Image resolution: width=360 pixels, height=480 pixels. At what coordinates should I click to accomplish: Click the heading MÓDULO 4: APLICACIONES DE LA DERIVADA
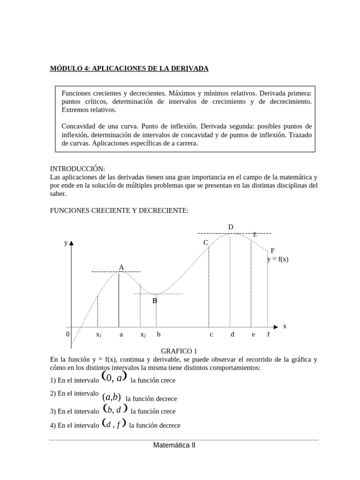tap(129, 69)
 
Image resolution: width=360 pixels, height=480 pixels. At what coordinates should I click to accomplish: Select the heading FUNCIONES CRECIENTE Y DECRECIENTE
tap(119, 211)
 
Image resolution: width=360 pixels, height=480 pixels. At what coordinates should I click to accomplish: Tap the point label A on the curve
tap(121, 267)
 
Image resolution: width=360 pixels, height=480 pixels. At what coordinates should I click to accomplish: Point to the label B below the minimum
tap(154, 301)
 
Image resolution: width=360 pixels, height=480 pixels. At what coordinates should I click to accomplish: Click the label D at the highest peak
tap(231, 227)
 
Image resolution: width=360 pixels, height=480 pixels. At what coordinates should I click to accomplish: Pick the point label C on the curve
tap(205, 242)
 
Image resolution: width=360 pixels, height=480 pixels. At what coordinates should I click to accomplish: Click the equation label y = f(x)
tap(277, 259)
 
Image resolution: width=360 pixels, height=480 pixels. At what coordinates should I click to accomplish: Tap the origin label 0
tap(67, 335)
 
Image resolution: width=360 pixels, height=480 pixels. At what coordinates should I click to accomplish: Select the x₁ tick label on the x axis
tap(98, 335)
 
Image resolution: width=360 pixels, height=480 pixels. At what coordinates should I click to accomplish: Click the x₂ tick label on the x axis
tap(143, 335)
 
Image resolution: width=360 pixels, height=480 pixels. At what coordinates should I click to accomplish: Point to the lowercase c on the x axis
tap(211, 335)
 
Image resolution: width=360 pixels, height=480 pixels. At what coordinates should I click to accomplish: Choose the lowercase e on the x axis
tap(253, 335)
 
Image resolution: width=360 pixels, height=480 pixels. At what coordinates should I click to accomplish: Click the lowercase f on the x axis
tap(268, 335)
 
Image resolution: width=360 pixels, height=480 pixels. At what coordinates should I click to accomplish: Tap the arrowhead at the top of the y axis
tap(71, 243)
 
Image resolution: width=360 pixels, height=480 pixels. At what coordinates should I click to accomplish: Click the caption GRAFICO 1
tap(180, 351)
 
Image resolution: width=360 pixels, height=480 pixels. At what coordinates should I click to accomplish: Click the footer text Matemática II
tap(174, 446)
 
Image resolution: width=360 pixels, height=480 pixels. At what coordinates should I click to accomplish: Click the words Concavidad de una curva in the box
tap(96, 127)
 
